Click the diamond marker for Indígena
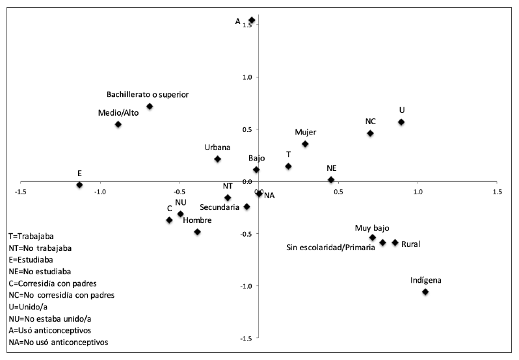point(425,292)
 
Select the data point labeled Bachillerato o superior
point(150,106)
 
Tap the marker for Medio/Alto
point(118,124)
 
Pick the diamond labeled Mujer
point(305,144)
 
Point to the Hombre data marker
point(197,232)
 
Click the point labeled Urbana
point(217,159)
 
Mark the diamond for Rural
point(395,242)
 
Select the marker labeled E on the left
point(79,185)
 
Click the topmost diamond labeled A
point(252,20)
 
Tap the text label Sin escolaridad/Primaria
point(330,247)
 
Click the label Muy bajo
point(372,228)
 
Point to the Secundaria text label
point(220,207)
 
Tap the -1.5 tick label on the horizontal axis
point(20,192)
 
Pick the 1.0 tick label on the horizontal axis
point(418,192)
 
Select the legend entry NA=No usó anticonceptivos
point(58,341)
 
